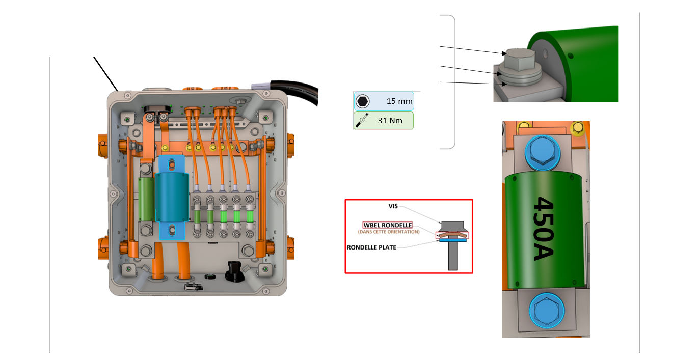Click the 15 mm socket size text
(x=399, y=101)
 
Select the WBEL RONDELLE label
(x=388, y=225)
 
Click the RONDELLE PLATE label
(x=371, y=247)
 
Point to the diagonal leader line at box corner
(x=106, y=73)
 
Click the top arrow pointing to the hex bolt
(x=471, y=49)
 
